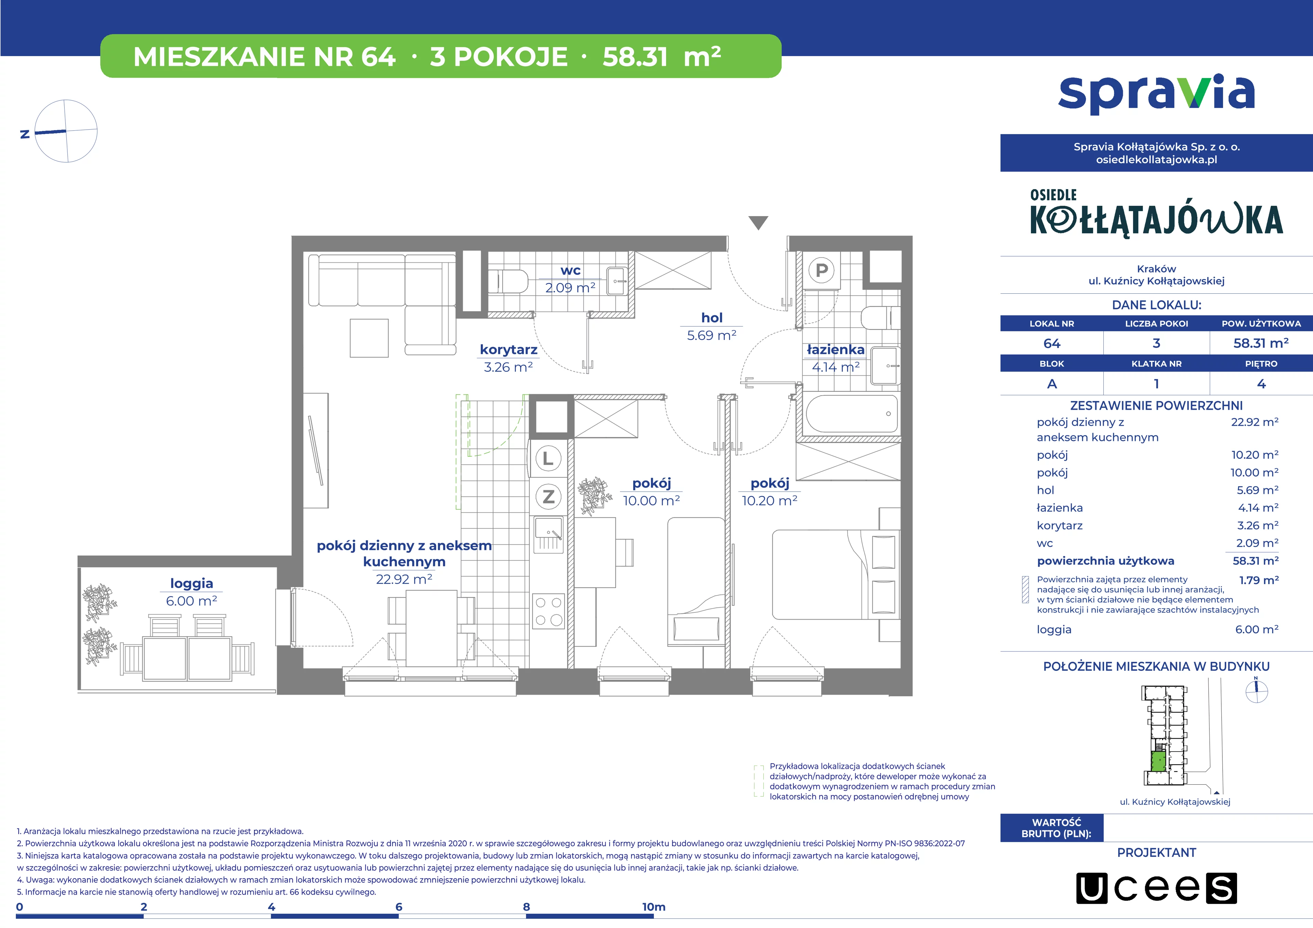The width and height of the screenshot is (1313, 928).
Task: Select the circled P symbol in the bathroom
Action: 822,270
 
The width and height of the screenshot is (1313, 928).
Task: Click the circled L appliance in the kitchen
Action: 548,459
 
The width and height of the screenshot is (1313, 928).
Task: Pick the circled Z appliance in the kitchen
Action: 548,496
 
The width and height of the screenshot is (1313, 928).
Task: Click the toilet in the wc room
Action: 508,281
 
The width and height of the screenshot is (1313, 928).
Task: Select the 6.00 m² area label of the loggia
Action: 191,601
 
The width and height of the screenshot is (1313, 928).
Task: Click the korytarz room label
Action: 508,349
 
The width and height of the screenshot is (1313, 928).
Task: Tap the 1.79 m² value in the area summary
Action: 1259,580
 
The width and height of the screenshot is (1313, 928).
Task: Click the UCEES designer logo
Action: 1156,888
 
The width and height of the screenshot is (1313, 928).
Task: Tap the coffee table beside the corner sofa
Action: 369,338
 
